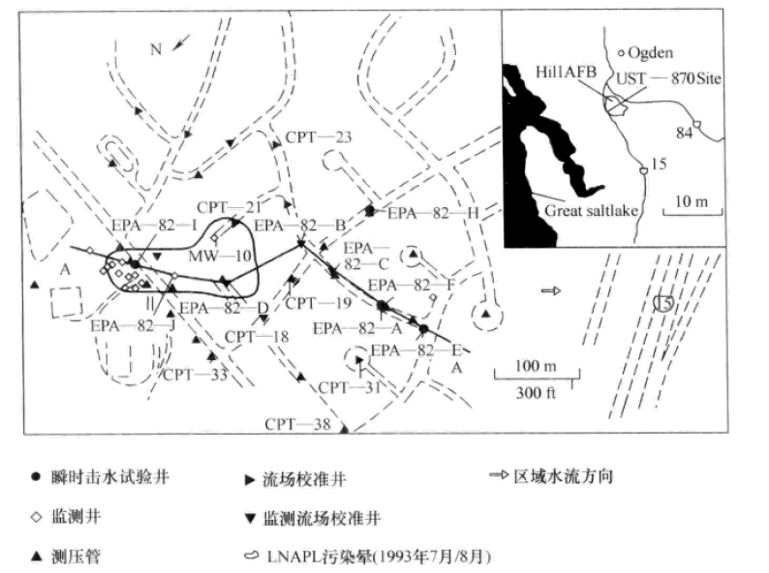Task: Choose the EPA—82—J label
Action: point(134,325)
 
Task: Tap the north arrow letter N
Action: point(155,48)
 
